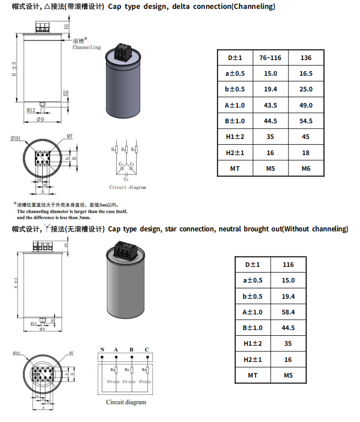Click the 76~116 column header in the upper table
(270, 57)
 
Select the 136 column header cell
(306, 57)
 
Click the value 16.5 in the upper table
(306, 74)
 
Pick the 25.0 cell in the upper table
(306, 89)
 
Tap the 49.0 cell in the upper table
(306, 105)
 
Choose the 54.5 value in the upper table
(306, 121)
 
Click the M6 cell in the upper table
(306, 168)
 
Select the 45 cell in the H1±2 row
(306, 137)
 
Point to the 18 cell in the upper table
(306, 153)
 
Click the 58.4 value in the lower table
(289, 312)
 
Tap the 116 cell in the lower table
(289, 264)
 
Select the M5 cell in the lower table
(289, 375)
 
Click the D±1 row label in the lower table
(253, 264)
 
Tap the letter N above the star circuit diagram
(103, 349)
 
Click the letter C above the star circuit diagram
(147, 349)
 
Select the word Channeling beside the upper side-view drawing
(87, 48)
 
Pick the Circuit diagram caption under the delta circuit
(127, 187)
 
